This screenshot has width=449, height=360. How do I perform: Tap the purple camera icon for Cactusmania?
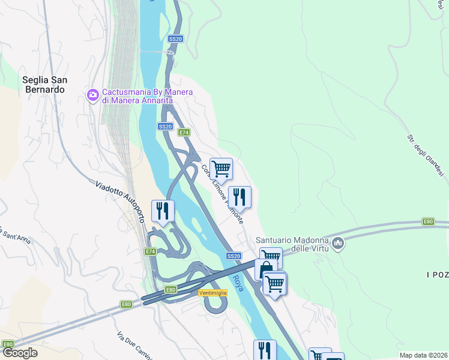(x=93, y=95)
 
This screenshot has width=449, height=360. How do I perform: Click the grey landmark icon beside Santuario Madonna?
(x=338, y=243)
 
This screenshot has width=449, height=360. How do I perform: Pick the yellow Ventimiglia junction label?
(x=213, y=292)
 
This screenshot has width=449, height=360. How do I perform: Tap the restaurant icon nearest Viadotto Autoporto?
(x=163, y=210)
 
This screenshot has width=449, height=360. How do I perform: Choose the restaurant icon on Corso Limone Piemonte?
(x=240, y=196)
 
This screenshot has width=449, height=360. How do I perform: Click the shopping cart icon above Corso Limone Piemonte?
(x=221, y=169)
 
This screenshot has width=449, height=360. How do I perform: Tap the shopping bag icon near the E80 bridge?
(x=265, y=269)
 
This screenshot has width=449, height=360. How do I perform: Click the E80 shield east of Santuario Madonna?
(x=428, y=221)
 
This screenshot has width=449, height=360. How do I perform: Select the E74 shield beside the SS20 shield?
(x=184, y=132)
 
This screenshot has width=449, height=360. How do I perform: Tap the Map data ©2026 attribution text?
(x=423, y=355)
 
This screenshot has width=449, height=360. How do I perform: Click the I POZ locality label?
(x=437, y=274)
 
